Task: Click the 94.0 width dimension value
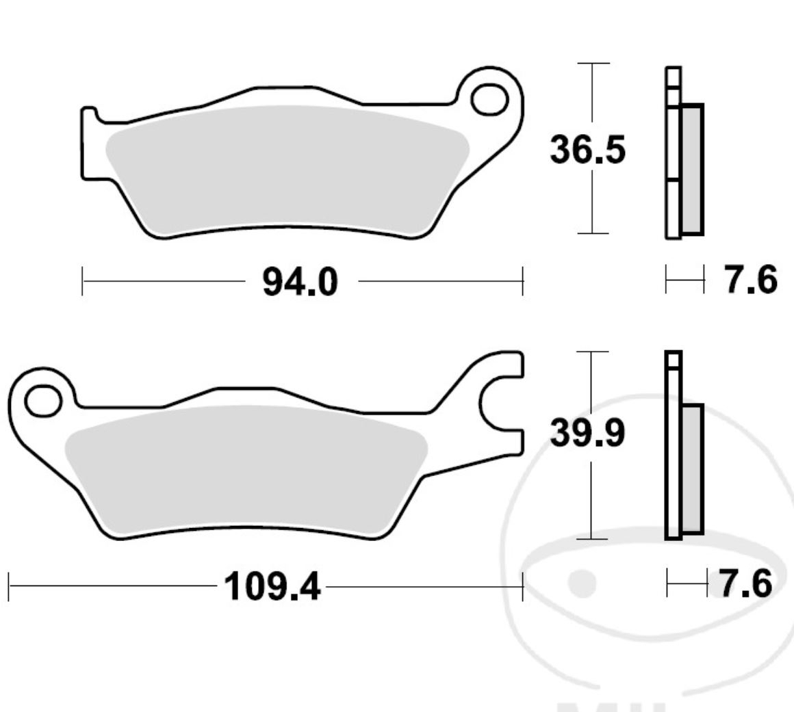pos(300,281)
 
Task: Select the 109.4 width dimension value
pos(272,586)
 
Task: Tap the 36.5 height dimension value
pos(587,150)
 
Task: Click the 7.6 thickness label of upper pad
pos(751,280)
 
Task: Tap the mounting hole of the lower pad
pos(42,401)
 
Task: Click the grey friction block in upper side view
pos(692,169)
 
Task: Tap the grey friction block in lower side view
pos(692,469)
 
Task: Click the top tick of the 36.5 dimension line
pos(593,64)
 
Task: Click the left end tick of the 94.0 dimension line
pos(82,281)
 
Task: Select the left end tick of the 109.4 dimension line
pos(9,587)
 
